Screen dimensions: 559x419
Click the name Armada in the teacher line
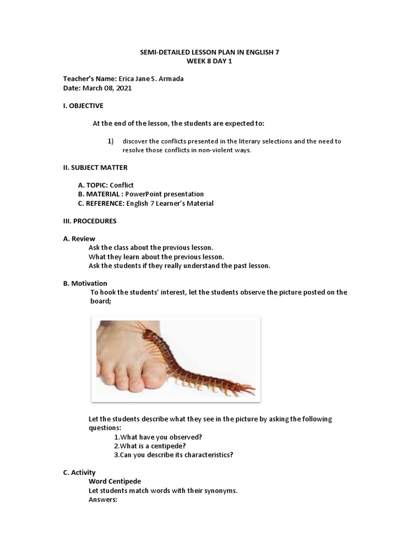click(170, 79)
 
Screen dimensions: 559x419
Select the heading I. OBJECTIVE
click(83, 105)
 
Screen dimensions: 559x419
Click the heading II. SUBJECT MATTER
click(95, 168)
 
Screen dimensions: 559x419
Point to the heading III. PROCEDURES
click(90, 221)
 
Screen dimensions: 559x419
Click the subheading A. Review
click(79, 239)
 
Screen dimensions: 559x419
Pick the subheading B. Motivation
click(86, 283)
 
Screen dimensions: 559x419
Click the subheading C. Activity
click(80, 472)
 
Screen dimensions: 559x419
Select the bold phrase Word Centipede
click(115, 481)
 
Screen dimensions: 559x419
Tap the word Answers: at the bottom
click(103, 499)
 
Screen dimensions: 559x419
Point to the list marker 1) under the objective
click(110, 141)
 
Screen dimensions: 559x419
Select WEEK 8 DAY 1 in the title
click(210, 61)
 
